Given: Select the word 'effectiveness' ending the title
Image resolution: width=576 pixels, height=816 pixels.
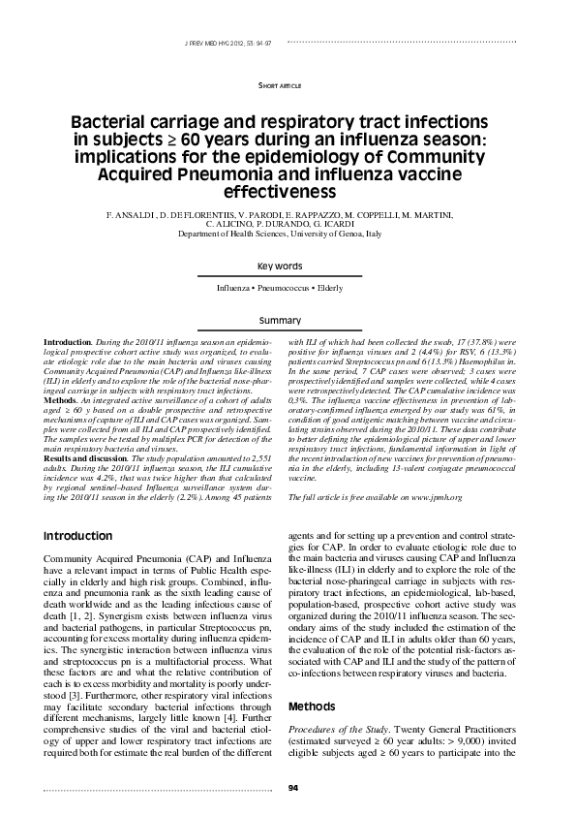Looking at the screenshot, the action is tap(288, 191).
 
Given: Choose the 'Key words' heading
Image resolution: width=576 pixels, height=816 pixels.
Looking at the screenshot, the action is tap(288, 266).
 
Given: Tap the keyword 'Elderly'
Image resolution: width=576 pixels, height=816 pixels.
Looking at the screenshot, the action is tap(346, 289).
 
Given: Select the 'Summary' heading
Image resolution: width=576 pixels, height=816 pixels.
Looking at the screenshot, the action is tap(288, 320).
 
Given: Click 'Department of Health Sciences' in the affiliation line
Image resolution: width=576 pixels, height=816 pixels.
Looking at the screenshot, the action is tap(242, 234).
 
